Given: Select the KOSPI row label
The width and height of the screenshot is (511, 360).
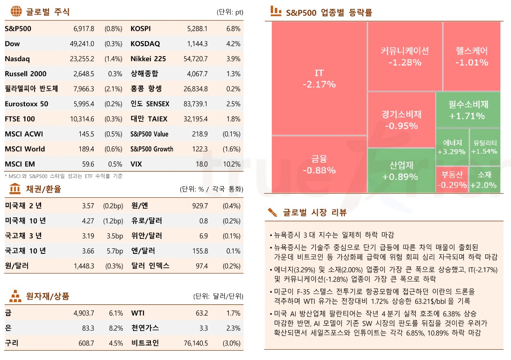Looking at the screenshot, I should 141,29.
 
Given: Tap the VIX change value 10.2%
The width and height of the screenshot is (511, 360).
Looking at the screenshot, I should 232,164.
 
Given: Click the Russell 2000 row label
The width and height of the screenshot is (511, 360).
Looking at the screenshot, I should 26,74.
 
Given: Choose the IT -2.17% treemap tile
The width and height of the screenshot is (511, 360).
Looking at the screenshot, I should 319,79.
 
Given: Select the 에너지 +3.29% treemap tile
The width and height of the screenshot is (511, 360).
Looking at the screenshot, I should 451,147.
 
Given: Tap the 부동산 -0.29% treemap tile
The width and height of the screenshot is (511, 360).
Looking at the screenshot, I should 452,180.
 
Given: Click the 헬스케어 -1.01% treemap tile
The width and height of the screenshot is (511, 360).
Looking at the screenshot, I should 471,56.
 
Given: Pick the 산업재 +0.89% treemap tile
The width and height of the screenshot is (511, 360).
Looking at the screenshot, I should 400,171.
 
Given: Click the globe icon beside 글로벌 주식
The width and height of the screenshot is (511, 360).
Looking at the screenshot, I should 15,11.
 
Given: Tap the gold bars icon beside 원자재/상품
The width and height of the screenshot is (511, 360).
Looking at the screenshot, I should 15,296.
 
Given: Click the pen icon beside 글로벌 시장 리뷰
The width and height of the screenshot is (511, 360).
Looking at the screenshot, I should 272,212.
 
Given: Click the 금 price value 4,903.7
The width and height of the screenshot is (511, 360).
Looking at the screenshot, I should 84,313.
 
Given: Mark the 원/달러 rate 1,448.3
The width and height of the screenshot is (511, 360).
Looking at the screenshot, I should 84,266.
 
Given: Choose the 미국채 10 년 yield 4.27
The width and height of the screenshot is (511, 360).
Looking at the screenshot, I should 88,221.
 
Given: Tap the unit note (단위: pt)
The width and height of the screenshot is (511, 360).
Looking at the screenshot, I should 230,12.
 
